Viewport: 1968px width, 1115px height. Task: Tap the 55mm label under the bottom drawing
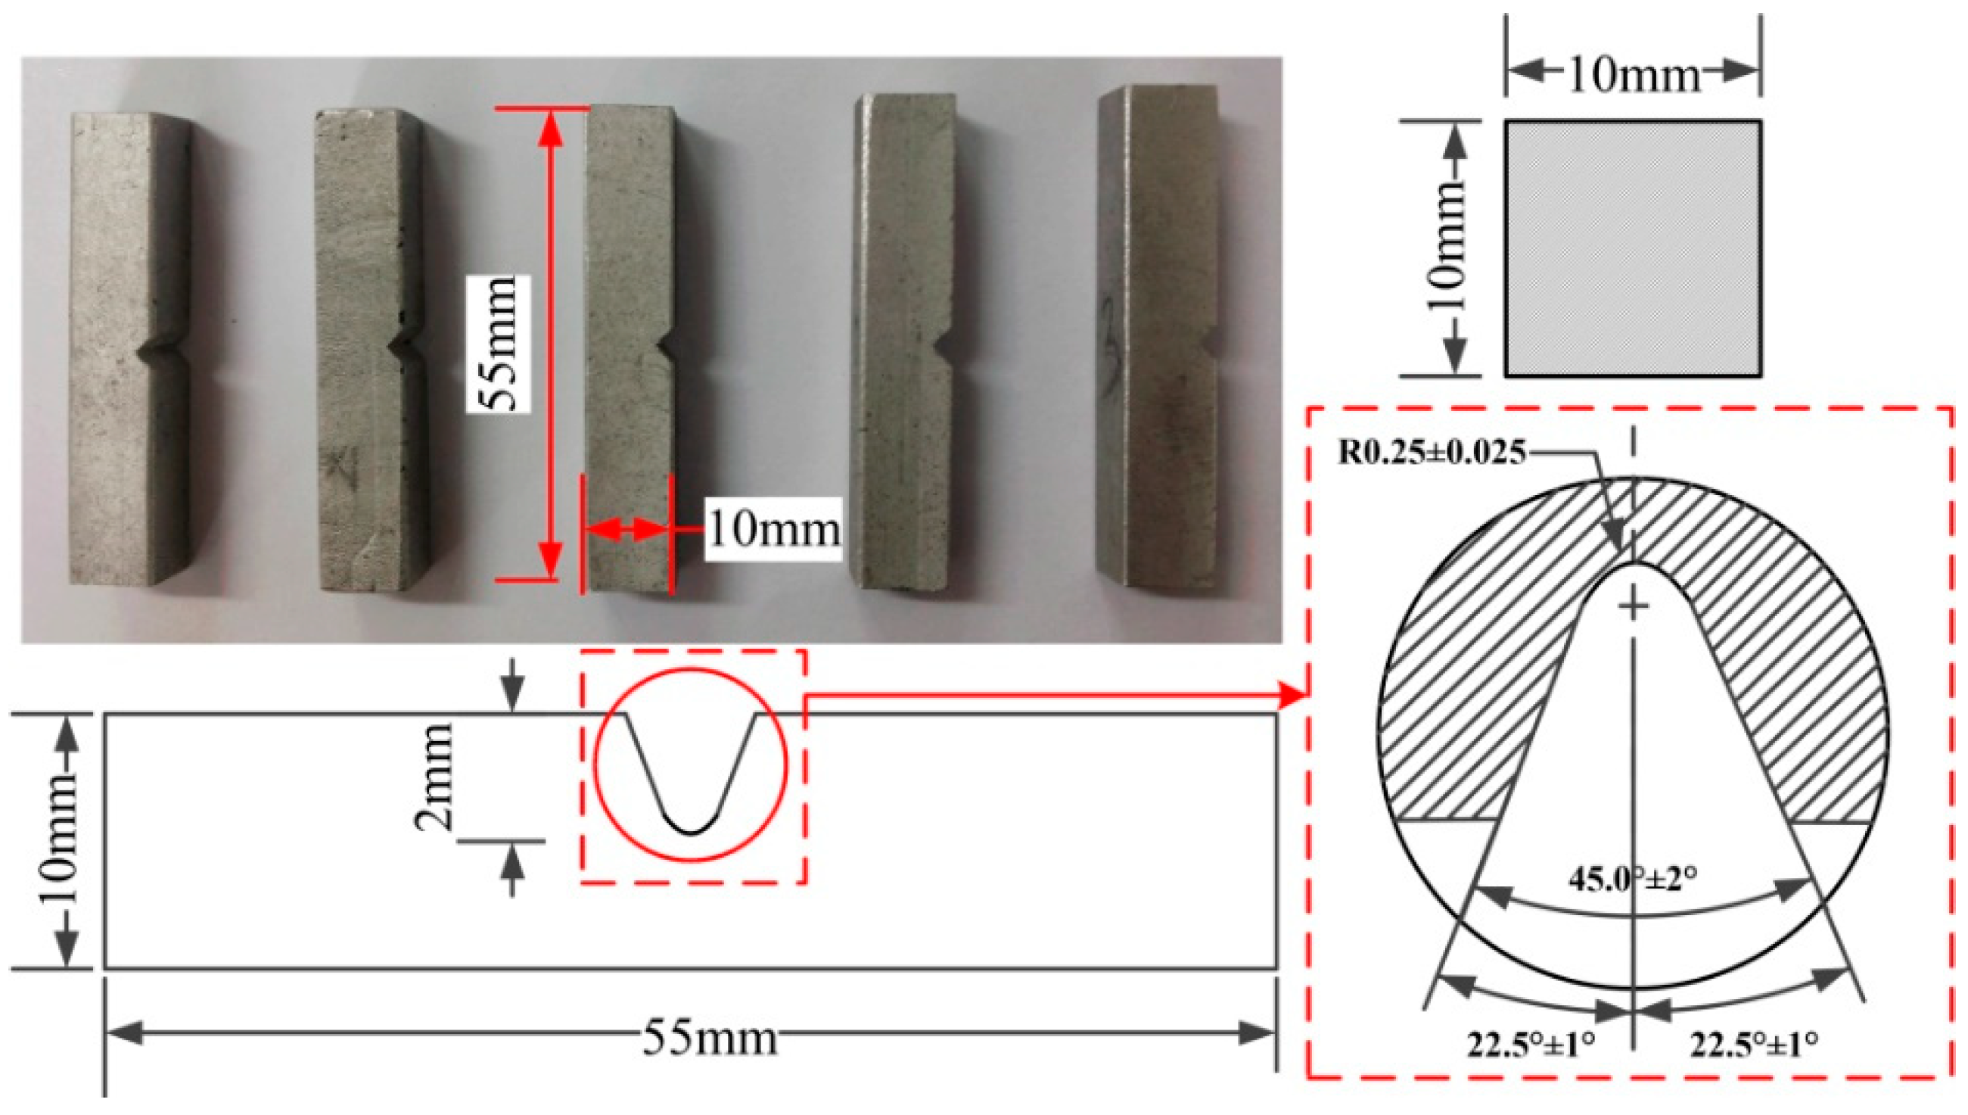709,1039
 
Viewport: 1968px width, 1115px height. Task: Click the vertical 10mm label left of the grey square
1445,249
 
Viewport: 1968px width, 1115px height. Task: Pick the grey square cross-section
1634,249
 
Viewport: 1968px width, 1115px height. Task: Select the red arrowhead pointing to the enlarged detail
1293,696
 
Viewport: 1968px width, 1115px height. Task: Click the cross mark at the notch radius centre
1634,607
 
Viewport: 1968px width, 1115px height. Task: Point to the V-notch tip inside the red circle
692,832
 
